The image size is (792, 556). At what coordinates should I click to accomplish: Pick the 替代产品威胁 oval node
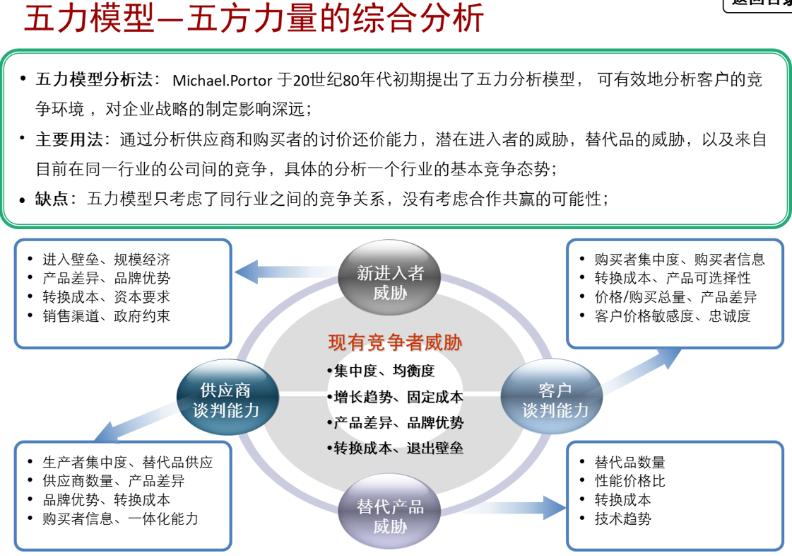(390, 516)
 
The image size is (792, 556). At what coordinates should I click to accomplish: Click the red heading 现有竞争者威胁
(395, 343)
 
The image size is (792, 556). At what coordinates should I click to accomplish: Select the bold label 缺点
(52, 199)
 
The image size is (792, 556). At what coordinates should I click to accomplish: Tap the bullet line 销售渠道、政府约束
(106, 316)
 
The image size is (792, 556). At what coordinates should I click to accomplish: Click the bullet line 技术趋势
(622, 519)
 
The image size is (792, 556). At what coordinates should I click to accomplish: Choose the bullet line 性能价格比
(630, 481)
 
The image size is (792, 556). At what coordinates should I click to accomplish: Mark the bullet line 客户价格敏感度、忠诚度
(672, 316)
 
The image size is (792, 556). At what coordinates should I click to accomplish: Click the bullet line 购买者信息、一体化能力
(120, 519)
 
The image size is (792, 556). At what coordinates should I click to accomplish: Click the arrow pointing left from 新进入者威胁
(283, 271)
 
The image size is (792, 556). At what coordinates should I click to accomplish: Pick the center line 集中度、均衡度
(384, 371)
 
